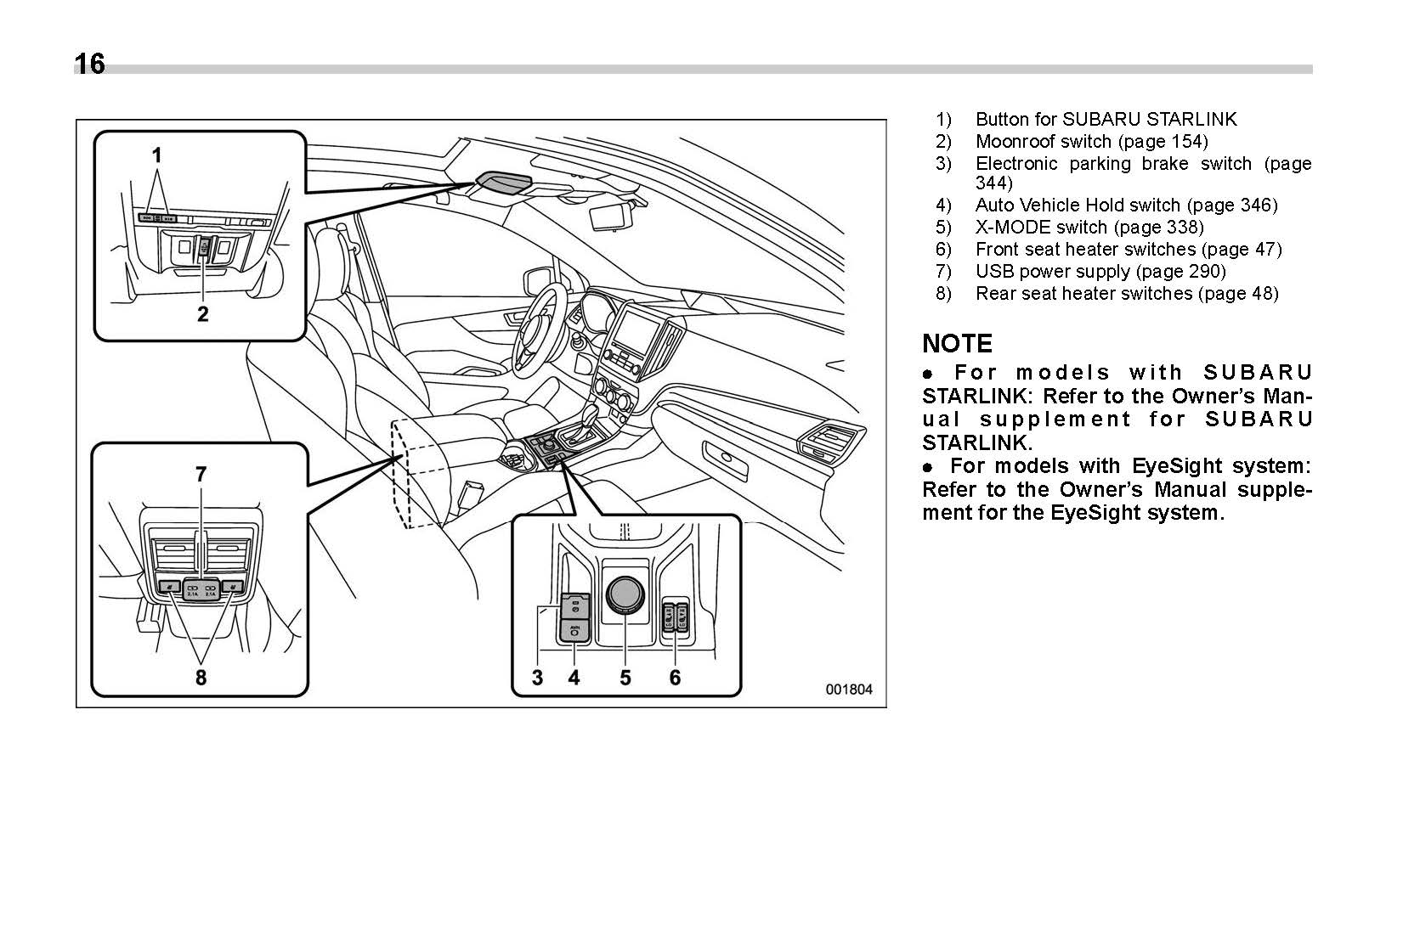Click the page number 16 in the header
pyautogui.click(x=90, y=65)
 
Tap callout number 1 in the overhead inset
pyautogui.click(x=156, y=155)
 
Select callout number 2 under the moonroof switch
pyautogui.click(x=203, y=314)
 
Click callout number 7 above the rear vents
pyautogui.click(x=201, y=474)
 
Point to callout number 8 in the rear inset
pyautogui.click(x=201, y=677)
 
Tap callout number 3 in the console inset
pyautogui.click(x=537, y=677)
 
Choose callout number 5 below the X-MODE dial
pyautogui.click(x=625, y=677)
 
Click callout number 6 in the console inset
pyautogui.click(x=675, y=677)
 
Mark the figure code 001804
pyautogui.click(x=848, y=690)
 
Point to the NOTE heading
pyautogui.click(x=957, y=344)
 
